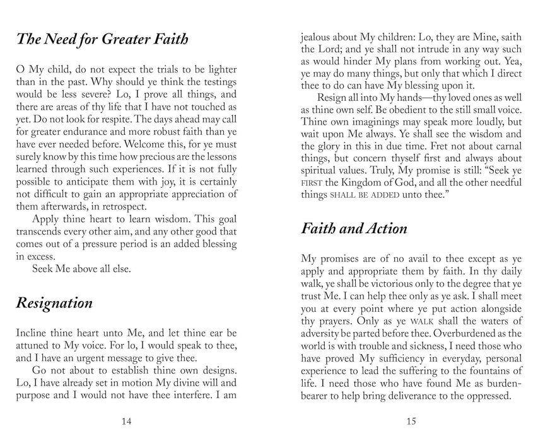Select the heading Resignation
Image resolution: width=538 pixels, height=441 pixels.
54,302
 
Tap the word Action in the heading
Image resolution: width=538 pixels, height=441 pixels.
378,228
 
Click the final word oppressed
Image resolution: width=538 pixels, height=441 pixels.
486,396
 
